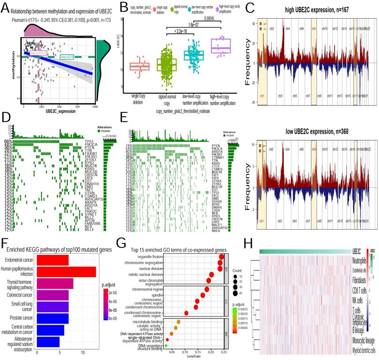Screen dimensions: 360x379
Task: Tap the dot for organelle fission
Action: [x=221, y=256]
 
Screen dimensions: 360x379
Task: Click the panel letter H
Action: [x=249, y=242]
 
